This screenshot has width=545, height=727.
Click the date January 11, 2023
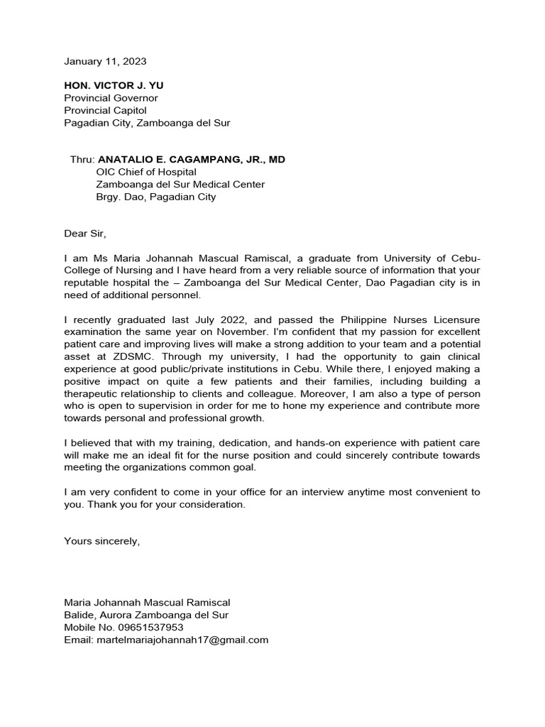tap(105, 62)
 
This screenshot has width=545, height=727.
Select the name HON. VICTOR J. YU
tap(114, 85)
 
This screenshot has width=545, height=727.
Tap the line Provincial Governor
tap(111, 98)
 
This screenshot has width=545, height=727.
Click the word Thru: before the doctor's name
tap(82, 160)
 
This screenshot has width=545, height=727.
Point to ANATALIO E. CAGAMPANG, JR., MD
tap(191, 160)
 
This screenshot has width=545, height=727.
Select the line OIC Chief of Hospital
tap(146, 172)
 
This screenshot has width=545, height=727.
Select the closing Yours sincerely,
tap(102, 541)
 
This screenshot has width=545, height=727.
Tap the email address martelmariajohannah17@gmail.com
tap(182, 640)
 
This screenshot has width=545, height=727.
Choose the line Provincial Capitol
tap(105, 110)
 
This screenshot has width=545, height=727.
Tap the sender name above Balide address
tap(147, 603)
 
